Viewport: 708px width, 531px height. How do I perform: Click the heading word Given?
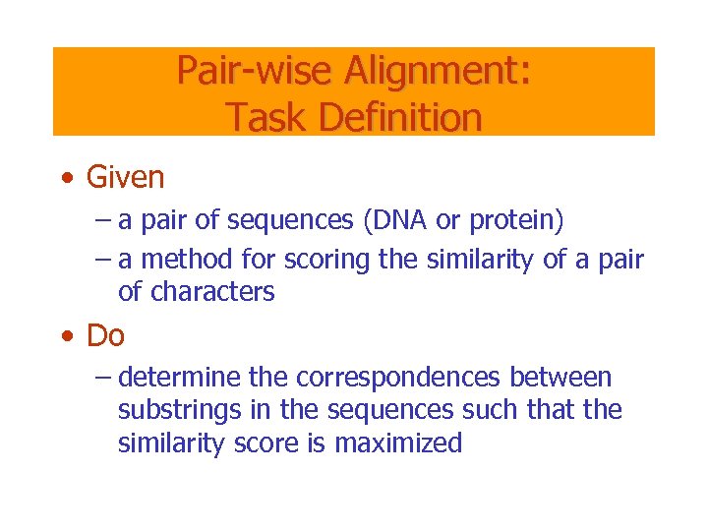pos(125,177)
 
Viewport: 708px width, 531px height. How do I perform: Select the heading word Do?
pos(105,335)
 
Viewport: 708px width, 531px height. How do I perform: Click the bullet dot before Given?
pos(65,179)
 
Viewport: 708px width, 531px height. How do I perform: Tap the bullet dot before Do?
pos(65,337)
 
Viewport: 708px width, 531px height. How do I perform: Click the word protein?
pos(515,220)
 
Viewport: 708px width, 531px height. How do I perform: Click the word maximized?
pos(398,443)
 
